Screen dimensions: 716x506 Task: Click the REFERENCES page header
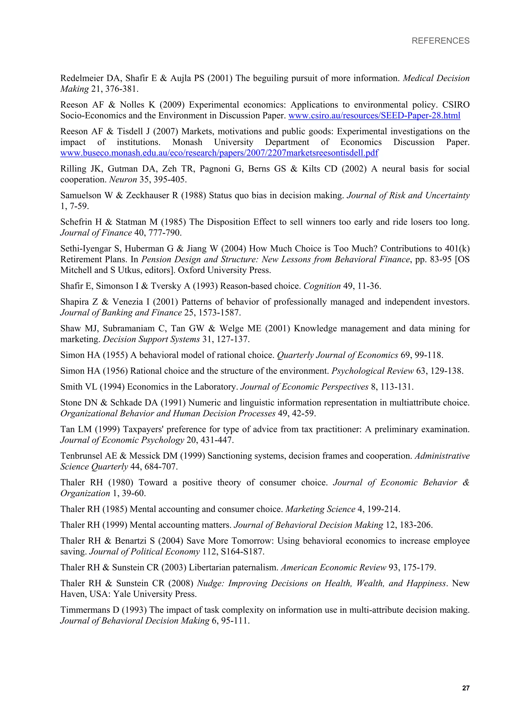click(440, 41)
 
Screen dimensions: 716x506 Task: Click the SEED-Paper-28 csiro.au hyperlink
click(374, 116)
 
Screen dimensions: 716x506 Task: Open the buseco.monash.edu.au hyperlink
click(219, 153)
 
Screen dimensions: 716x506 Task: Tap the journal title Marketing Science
click(320, 509)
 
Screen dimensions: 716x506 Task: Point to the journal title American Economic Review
click(333, 567)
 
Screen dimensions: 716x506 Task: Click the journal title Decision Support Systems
click(151, 339)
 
